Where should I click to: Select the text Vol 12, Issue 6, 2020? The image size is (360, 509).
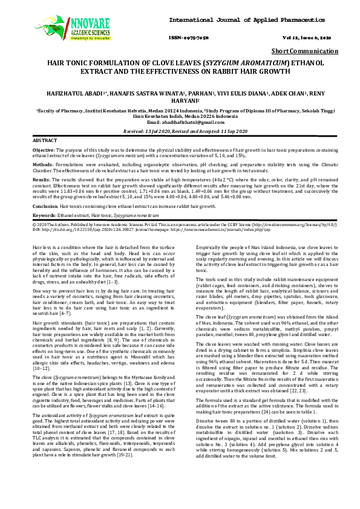315,38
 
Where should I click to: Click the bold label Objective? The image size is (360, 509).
44,149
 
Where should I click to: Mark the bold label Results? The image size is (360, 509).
41,180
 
